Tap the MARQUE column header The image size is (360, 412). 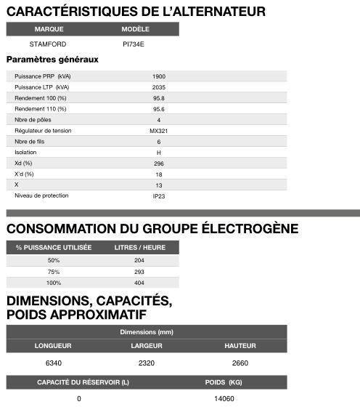(49, 30)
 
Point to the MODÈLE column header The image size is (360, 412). (136, 30)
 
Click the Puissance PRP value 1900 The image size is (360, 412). (159, 76)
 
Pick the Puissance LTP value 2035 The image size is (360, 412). (159, 87)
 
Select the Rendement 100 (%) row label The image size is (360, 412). (41, 98)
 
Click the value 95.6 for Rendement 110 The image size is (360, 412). (159, 109)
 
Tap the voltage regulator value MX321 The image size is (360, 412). (159, 131)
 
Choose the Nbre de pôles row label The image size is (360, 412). (33, 120)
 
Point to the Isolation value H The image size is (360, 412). (159, 153)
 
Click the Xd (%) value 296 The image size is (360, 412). (159, 163)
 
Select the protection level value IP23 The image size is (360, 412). (159, 196)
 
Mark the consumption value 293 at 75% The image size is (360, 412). (139, 272)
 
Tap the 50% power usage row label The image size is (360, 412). (54, 260)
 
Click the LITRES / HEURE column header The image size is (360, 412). (140, 247)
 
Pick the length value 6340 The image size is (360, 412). (53, 363)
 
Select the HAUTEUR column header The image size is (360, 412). (240, 345)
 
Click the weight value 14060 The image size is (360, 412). (224, 399)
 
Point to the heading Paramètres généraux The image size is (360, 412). (52, 60)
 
